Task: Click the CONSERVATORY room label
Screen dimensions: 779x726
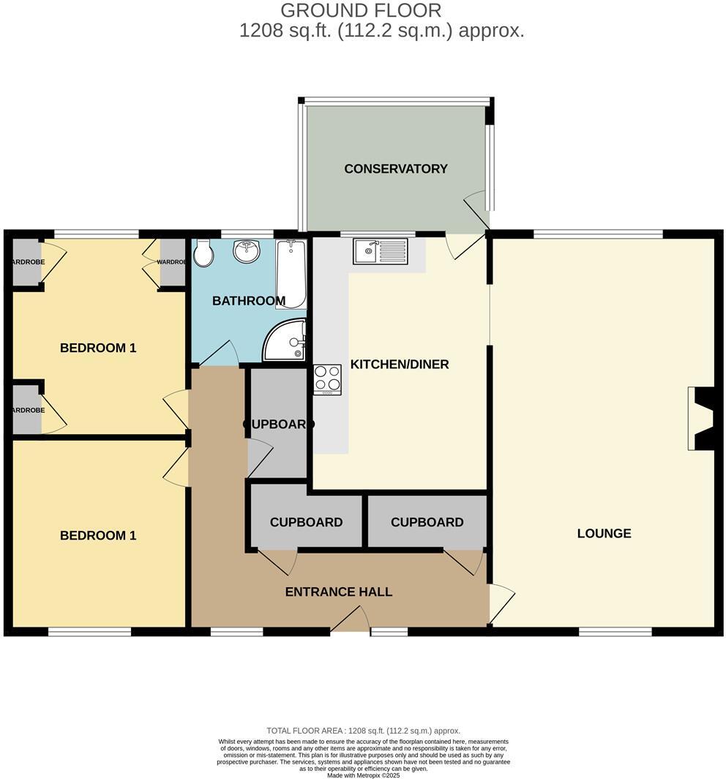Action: pyautogui.click(x=396, y=168)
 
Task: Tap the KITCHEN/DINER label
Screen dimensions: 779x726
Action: pyautogui.click(x=400, y=364)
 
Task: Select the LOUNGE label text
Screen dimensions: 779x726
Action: pyautogui.click(x=604, y=533)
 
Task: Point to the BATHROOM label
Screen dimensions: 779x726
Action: pyautogui.click(x=249, y=301)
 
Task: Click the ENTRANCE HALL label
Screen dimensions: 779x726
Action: pyautogui.click(x=339, y=592)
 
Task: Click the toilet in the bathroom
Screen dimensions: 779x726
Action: pyautogui.click(x=203, y=254)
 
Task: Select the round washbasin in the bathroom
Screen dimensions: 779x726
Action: pyautogui.click(x=247, y=252)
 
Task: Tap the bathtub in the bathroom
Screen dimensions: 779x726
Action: pyautogui.click(x=291, y=275)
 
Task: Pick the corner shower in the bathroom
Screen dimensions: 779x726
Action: pyautogui.click(x=286, y=341)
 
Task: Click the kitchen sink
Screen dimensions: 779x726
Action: pyautogui.click(x=380, y=251)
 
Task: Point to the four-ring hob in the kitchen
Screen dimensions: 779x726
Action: pyautogui.click(x=327, y=379)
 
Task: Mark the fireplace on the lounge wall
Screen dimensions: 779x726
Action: pyautogui.click(x=700, y=419)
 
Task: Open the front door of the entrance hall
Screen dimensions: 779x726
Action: pyautogui.click(x=351, y=622)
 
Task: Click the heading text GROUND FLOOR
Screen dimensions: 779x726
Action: pyautogui.click(x=361, y=10)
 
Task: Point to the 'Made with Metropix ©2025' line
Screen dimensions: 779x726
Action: pyautogui.click(x=363, y=775)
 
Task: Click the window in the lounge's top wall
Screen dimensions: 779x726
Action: pyautogui.click(x=598, y=234)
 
